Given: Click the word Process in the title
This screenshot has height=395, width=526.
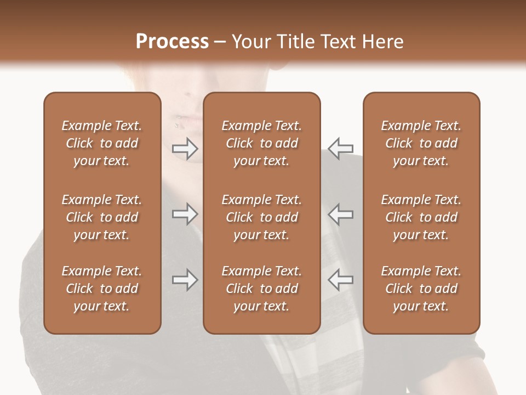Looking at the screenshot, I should pos(172,42).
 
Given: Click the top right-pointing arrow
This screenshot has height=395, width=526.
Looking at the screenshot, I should pos(185,148).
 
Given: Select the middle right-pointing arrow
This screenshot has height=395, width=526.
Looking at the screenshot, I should pos(185,214).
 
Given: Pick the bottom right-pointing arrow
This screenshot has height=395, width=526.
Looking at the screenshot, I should pos(185,280).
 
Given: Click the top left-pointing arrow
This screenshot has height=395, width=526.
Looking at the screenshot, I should pos(340,148).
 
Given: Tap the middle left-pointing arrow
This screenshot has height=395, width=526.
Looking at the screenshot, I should pos(340,214).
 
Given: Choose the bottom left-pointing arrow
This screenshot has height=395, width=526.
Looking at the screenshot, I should pos(340,280).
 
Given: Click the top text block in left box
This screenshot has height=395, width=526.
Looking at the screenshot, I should pos(102,143).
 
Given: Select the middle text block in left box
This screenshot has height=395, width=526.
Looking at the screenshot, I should pos(102,217).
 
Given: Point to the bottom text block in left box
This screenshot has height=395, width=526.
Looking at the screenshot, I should pos(102,289).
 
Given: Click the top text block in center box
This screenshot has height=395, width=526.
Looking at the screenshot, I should pos(261,143).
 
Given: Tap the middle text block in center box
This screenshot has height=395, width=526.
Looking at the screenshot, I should pos(261,217).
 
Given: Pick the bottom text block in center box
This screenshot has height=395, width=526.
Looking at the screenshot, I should pos(261,289).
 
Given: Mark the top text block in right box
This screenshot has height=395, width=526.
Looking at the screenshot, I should pos(421,143).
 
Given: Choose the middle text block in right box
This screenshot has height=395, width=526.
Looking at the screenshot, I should pos(421,217).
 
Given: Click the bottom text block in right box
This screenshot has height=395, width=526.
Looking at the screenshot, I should pos(421,289).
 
